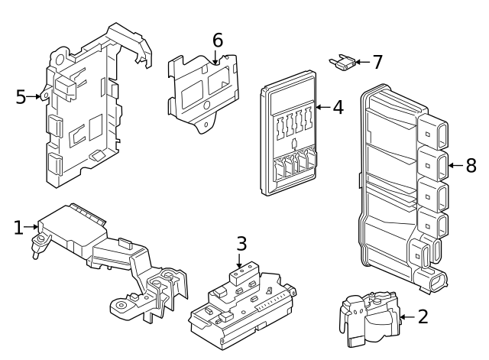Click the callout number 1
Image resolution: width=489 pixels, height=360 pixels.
(x=18, y=227)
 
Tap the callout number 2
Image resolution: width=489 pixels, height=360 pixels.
(x=423, y=316)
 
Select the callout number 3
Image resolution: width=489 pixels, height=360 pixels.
(x=241, y=244)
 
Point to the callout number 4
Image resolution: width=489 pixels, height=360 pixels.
(x=337, y=107)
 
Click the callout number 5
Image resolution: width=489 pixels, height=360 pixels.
(x=21, y=96)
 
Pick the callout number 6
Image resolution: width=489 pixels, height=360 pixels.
(x=218, y=39)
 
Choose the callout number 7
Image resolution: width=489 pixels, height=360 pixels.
(x=377, y=62)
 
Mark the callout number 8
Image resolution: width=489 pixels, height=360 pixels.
(x=471, y=164)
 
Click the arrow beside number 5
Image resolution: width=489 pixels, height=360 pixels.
(x=35, y=96)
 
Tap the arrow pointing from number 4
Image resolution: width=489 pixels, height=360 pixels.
(x=321, y=107)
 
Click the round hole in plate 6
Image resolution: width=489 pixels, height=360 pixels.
(x=207, y=105)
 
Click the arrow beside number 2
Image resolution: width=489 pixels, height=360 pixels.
(x=405, y=316)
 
